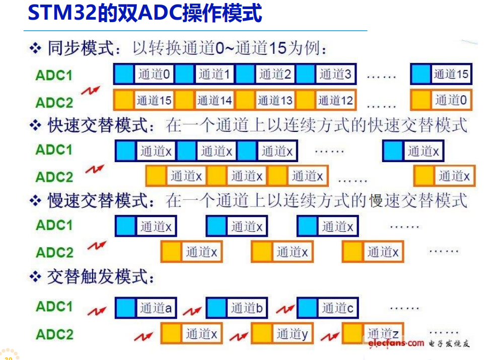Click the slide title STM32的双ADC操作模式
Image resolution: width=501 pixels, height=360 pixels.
pos(145,13)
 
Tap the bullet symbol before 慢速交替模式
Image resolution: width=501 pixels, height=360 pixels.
pos(35,200)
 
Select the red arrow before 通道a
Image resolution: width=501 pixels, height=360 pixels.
pos(97,310)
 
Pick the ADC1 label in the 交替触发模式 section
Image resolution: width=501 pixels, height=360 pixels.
pos(54,307)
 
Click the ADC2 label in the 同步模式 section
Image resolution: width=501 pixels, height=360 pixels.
pos(54,102)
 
